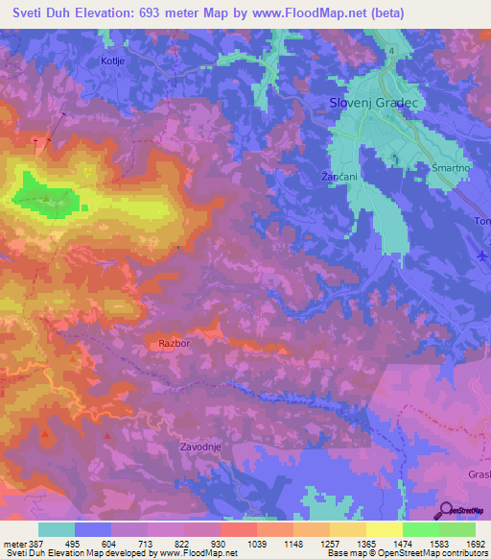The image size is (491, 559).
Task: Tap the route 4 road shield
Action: click(392, 50)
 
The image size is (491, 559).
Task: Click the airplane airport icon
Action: click(480, 254)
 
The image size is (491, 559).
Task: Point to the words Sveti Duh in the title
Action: click(41, 13)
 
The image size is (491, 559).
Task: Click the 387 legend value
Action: click(35, 543)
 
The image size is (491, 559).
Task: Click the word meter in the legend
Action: click(13, 543)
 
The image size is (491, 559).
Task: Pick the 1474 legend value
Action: click(386, 543)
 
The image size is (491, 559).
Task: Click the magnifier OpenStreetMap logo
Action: click(444, 511)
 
